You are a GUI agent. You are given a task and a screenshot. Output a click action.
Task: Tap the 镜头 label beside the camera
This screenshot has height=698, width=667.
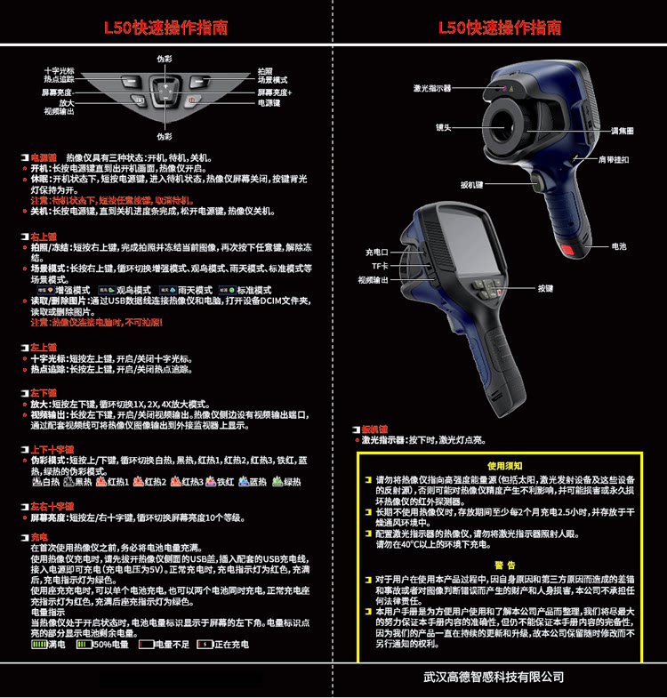coord(443,127)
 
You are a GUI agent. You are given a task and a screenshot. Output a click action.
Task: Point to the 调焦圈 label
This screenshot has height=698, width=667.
coord(623,131)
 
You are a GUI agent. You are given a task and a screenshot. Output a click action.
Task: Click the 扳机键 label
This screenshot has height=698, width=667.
coord(471,185)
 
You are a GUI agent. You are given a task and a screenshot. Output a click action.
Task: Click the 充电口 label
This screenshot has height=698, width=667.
coord(377,252)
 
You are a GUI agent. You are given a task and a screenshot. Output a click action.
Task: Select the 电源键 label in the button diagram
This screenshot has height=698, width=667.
coord(269,103)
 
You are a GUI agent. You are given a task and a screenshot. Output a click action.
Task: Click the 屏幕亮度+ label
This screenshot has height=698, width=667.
coord(275,92)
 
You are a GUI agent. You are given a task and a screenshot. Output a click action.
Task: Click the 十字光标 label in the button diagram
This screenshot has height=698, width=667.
coord(60,71)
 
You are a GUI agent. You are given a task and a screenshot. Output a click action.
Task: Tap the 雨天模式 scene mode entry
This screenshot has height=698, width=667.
coord(185,290)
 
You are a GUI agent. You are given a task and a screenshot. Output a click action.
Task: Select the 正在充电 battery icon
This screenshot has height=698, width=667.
coord(206,643)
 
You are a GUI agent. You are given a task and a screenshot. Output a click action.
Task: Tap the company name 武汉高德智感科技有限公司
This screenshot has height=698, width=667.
coord(494,678)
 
